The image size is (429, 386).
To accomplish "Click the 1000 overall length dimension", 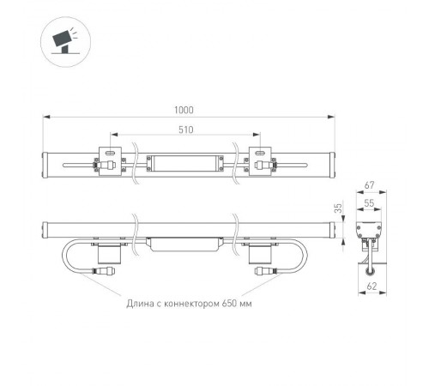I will (184, 110).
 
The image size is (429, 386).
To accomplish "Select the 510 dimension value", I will (184, 130).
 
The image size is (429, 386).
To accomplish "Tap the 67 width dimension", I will (369, 184).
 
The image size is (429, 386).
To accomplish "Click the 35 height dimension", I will (339, 208).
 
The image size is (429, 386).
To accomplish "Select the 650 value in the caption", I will (229, 303).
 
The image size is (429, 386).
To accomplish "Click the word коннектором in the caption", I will (193, 303).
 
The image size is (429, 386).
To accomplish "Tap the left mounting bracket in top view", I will (110, 161).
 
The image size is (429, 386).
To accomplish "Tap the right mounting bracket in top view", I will (260, 161).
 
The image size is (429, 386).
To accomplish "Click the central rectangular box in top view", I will (184, 161).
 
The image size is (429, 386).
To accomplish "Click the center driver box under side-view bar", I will (184, 244).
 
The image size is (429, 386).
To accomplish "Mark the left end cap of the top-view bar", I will (48, 161).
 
